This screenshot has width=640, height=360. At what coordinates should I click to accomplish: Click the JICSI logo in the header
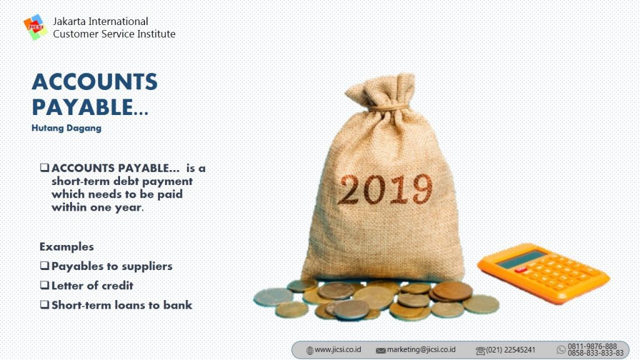tap(35, 27)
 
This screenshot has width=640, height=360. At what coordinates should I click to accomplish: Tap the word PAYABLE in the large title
tap(82, 107)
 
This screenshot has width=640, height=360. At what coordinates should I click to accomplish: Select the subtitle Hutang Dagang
tap(66, 128)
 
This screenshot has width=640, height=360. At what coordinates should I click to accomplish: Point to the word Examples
tap(66, 247)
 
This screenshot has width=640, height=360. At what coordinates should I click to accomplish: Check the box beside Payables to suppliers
tap(44, 266)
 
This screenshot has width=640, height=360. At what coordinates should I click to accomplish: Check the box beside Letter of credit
tap(44, 285)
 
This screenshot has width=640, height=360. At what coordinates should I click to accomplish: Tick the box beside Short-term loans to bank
tap(44, 304)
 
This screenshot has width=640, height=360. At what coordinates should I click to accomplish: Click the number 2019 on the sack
tap(385, 189)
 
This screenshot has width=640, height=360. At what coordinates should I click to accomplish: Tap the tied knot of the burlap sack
tap(387, 108)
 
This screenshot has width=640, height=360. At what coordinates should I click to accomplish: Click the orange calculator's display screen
tap(521, 259)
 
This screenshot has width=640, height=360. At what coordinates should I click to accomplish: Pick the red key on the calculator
tap(521, 269)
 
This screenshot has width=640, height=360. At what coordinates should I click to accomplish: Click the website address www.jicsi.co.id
tap(338, 350)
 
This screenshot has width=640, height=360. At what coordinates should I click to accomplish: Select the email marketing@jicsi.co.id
tap(421, 350)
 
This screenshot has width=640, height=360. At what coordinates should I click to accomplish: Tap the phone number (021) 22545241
tap(510, 350)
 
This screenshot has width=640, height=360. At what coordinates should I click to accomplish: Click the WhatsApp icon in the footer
tap(561, 350)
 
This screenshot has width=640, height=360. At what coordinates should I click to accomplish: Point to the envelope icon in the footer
tap(381, 351)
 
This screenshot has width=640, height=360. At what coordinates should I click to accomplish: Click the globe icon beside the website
tap(310, 351)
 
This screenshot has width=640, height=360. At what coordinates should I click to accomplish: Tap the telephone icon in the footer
tap(481, 351)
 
